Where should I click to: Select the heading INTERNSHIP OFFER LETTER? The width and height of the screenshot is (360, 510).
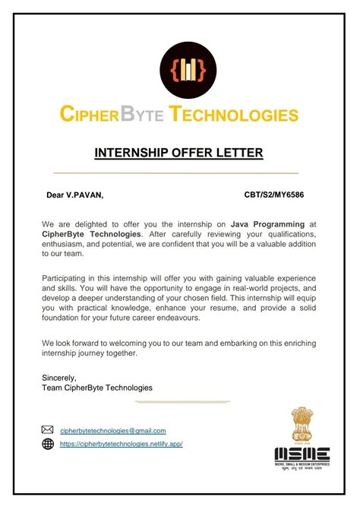click(x=178, y=153)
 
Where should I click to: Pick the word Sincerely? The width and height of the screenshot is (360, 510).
click(x=60, y=377)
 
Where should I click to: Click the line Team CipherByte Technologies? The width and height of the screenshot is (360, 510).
click(x=97, y=388)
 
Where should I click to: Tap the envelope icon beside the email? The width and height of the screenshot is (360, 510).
click(x=48, y=430)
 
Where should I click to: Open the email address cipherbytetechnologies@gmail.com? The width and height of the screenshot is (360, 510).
click(x=112, y=431)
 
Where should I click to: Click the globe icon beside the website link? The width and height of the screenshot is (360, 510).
click(x=48, y=444)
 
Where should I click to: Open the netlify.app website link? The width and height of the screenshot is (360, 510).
click(x=121, y=445)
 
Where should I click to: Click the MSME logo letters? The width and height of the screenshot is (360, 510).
click(x=302, y=454)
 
